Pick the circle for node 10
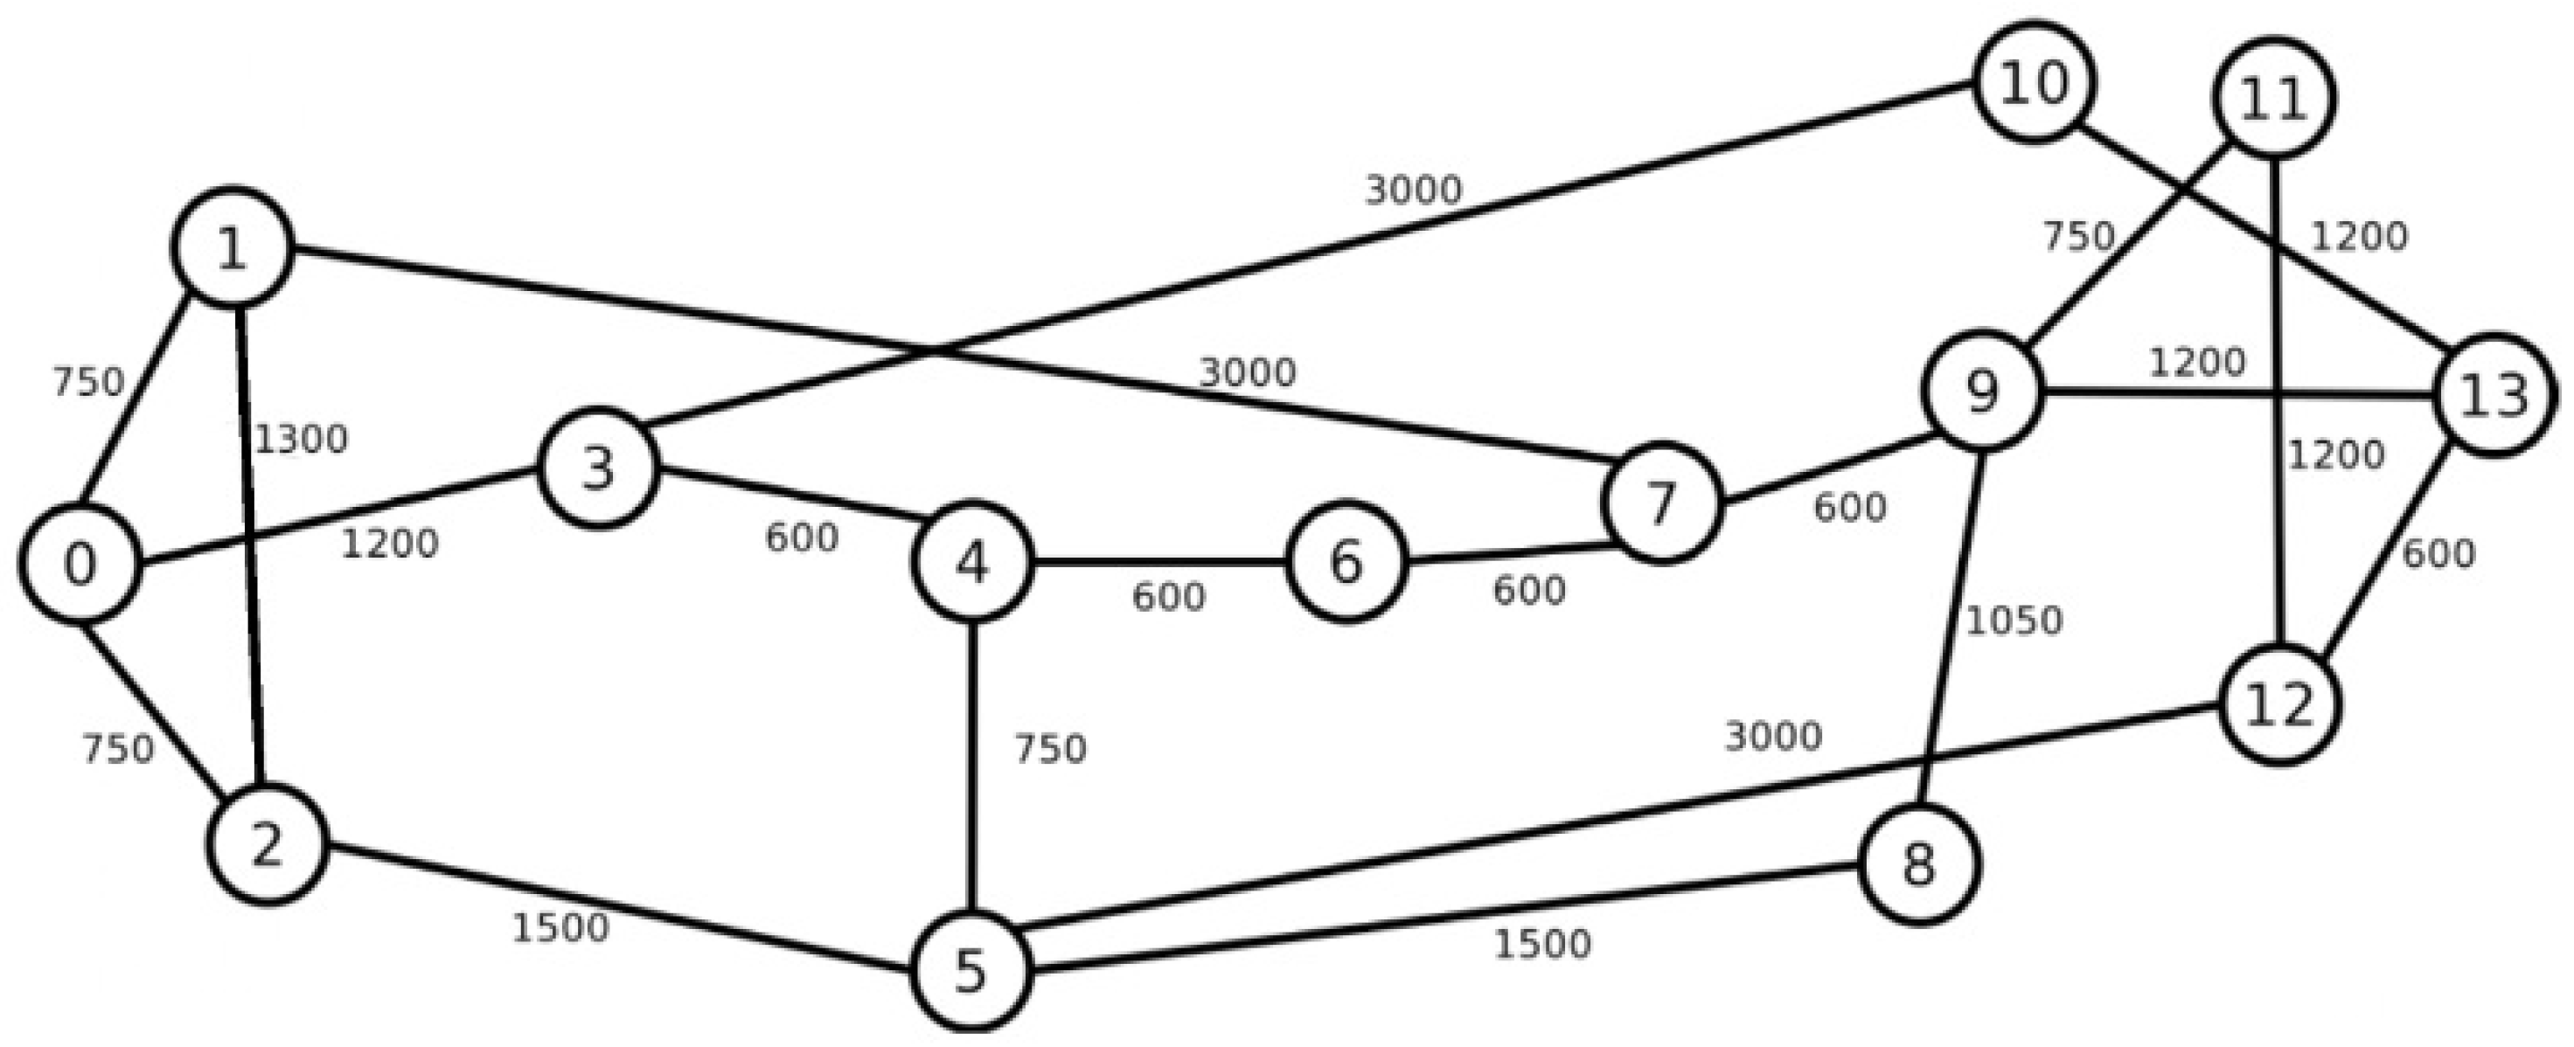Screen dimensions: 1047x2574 (x=2035, y=82)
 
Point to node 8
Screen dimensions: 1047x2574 (x=1918, y=864)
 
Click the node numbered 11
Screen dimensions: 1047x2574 (x=2273, y=98)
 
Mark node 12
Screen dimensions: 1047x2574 (x=2279, y=705)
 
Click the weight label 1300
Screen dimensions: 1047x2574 (x=301, y=440)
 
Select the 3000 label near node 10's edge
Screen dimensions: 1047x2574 (x=1413, y=190)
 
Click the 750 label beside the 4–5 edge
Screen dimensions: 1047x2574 (x=1050, y=748)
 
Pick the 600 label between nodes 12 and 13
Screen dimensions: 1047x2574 (x=2438, y=553)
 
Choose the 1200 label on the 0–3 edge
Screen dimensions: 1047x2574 (x=390, y=544)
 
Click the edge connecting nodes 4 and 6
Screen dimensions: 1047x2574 (x=1159, y=563)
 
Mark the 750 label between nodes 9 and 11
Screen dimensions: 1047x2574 (x=2078, y=237)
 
